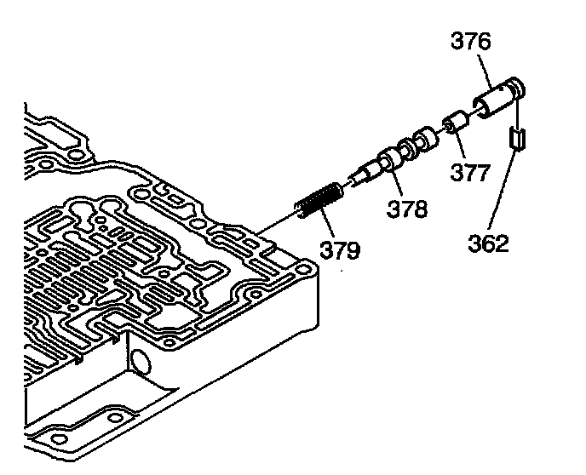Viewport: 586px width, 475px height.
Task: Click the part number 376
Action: point(470,41)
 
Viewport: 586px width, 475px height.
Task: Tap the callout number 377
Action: point(469,172)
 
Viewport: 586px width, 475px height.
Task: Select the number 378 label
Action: point(406,209)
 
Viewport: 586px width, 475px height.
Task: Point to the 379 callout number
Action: point(340,249)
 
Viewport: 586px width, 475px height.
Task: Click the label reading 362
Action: point(488,243)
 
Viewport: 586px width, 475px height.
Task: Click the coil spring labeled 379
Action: point(319,200)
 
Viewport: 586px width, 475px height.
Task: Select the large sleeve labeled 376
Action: point(499,97)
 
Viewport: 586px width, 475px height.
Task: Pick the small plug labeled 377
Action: point(455,122)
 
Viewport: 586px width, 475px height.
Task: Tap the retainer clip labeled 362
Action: point(517,139)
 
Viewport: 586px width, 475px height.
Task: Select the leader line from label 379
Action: point(326,223)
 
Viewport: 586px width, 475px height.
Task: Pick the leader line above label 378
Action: point(396,182)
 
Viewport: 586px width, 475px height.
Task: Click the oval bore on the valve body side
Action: point(140,361)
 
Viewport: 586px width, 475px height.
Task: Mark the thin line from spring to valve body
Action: point(278,224)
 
